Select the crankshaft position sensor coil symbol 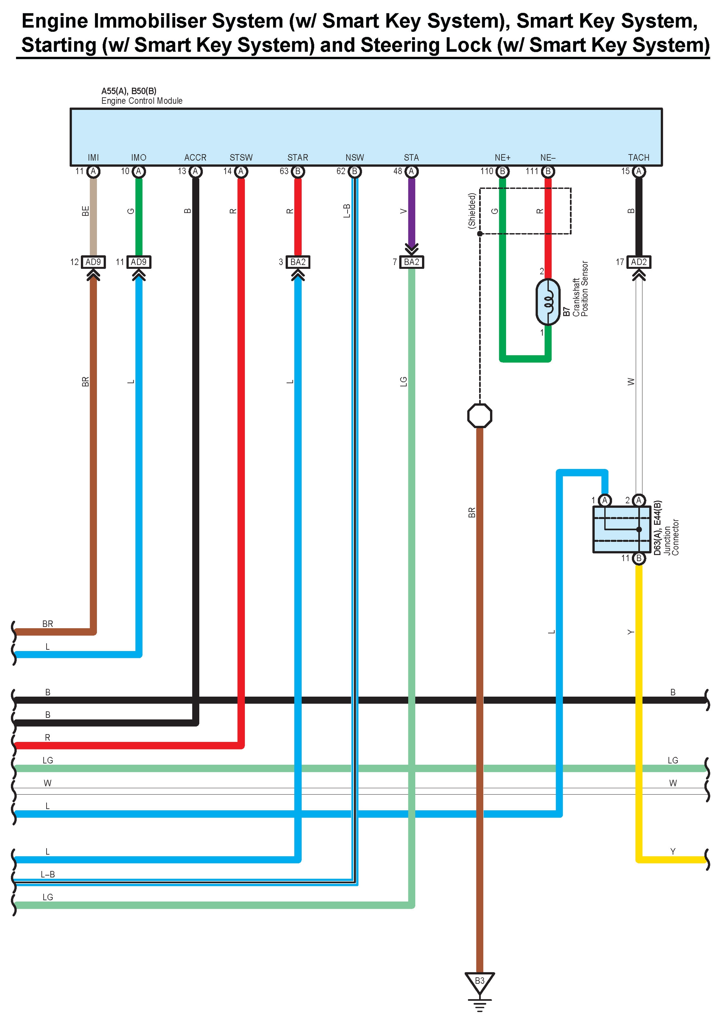click(x=548, y=302)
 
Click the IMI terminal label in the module click(x=93, y=158)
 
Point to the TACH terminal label click(x=638, y=158)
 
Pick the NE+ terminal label click(x=502, y=158)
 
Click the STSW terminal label click(x=241, y=158)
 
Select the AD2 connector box click(x=638, y=262)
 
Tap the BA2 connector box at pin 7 click(x=411, y=262)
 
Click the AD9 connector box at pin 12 click(x=93, y=262)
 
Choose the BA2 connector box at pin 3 click(x=298, y=262)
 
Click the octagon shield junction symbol click(x=480, y=415)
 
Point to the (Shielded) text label click(x=472, y=211)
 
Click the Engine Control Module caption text click(x=142, y=101)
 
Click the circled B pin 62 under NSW click(x=354, y=171)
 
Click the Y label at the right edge click(x=673, y=851)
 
